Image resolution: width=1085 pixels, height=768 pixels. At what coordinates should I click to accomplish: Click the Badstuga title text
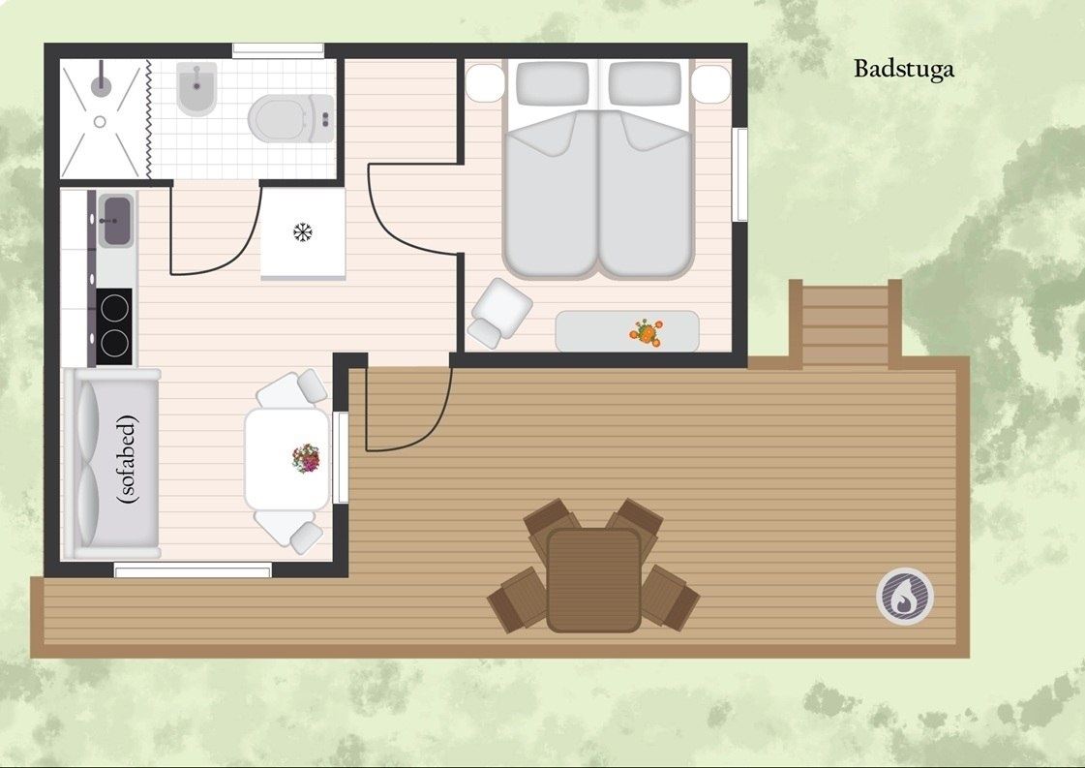pyautogui.click(x=904, y=70)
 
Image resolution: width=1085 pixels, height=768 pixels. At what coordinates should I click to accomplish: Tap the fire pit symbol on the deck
pyautogui.click(x=904, y=597)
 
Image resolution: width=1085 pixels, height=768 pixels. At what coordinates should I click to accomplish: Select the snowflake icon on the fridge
pyautogui.click(x=302, y=232)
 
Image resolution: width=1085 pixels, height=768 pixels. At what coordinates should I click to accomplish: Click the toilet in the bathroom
pyautogui.click(x=291, y=118)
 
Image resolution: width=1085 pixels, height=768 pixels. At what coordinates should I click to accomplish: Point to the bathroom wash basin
pyautogui.click(x=196, y=89)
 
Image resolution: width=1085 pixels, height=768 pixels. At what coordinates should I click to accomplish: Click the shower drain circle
pyautogui.click(x=100, y=122)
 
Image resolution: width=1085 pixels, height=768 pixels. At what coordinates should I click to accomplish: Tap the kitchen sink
pyautogui.click(x=116, y=221)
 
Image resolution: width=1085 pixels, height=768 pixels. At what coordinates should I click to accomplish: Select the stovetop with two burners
pyautogui.click(x=113, y=326)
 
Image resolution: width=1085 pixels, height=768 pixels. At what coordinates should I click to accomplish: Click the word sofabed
pyautogui.click(x=128, y=458)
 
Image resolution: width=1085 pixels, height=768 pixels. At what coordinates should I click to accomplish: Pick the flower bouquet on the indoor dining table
pyautogui.click(x=306, y=458)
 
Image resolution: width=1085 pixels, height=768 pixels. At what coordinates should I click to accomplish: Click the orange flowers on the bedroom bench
pyautogui.click(x=646, y=332)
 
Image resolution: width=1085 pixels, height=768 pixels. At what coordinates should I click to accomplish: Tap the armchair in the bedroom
pyautogui.click(x=500, y=312)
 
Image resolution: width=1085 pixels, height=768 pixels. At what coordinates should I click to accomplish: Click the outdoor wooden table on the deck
pyautogui.click(x=593, y=580)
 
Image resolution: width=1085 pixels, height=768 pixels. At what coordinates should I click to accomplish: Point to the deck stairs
pyautogui.click(x=845, y=323)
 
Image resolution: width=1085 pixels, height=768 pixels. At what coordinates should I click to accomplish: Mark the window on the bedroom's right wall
pyautogui.click(x=739, y=174)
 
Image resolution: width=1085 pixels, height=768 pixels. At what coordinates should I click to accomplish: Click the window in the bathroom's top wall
pyautogui.click(x=278, y=49)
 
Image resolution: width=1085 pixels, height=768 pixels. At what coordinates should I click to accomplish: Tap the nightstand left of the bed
pyautogui.click(x=484, y=83)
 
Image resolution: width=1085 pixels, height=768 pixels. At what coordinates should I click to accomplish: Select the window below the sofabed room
pyautogui.click(x=193, y=571)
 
